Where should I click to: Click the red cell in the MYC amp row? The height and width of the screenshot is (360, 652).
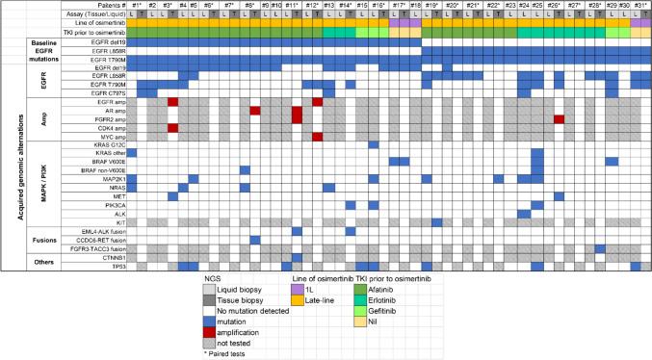click(317, 136)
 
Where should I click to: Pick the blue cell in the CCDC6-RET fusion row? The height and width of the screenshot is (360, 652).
click(254, 239)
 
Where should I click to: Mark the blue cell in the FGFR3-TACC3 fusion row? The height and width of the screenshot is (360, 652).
click(599, 248)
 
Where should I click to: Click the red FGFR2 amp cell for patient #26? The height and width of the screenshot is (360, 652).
click(559, 118)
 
